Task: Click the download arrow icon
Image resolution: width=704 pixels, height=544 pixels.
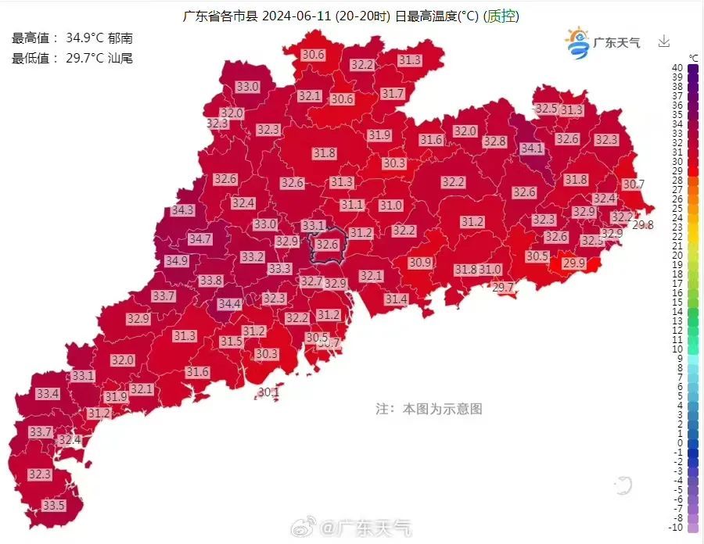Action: [664, 41]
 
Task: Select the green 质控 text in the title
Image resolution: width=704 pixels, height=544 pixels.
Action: [502, 16]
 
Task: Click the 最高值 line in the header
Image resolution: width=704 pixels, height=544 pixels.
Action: [72, 38]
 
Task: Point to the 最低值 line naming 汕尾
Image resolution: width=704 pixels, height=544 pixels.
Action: [72, 58]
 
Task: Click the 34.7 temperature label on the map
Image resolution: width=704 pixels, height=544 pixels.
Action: [199, 238]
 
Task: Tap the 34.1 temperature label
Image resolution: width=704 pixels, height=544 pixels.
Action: [531, 148]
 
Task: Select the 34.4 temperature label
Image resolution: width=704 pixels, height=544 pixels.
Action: [229, 303]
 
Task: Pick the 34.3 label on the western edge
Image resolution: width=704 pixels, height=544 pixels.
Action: [182, 210]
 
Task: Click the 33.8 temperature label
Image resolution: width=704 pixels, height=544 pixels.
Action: [210, 280]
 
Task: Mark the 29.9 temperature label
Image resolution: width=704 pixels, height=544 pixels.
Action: [573, 263]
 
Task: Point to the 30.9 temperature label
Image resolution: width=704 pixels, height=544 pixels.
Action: [420, 263]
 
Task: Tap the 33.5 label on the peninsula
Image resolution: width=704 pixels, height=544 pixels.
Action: [53, 506]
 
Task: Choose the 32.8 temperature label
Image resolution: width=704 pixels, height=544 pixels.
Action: [494, 141]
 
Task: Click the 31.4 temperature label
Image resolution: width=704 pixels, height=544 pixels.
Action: [396, 299]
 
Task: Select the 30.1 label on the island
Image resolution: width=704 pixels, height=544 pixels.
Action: [268, 392]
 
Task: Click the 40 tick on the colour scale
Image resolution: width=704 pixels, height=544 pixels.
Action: [677, 68]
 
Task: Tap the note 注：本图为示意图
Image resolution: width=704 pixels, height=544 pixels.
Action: [429, 408]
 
